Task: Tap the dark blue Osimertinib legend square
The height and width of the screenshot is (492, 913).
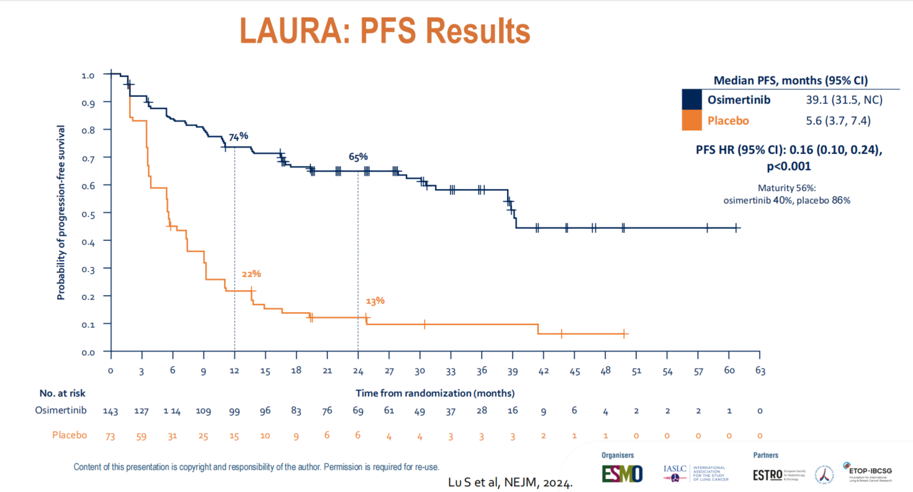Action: click(691, 99)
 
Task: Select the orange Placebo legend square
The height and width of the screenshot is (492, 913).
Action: click(691, 120)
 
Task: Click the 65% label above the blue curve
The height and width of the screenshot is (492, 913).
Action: click(358, 157)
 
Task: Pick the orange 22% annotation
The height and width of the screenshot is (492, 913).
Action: click(251, 274)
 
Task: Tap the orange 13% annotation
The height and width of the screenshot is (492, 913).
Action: click(375, 301)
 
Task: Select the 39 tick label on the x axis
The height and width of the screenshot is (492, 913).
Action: click(512, 371)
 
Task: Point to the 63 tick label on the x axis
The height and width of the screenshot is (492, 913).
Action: click(760, 371)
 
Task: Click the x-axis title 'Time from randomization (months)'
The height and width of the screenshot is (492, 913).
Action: click(435, 393)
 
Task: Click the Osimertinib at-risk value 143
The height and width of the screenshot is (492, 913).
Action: click(110, 411)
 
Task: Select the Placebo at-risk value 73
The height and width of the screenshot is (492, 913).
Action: click(110, 436)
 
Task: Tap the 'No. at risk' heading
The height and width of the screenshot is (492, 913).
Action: click(62, 393)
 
